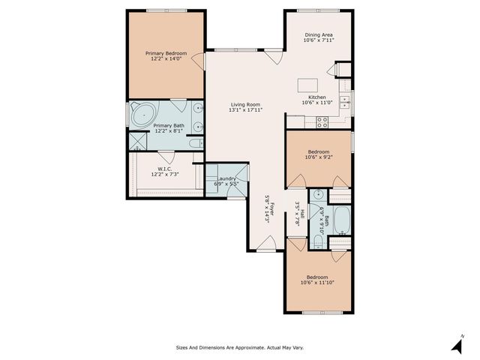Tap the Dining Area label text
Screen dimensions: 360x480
319,38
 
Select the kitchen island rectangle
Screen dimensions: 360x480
307,84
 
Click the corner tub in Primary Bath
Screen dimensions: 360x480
140,115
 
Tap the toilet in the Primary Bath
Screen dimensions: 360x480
195,142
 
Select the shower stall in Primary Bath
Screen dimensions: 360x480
137,141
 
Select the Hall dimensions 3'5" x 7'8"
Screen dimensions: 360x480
298,214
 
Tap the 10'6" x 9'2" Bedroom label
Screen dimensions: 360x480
318,154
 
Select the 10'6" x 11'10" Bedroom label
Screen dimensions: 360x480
318,280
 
